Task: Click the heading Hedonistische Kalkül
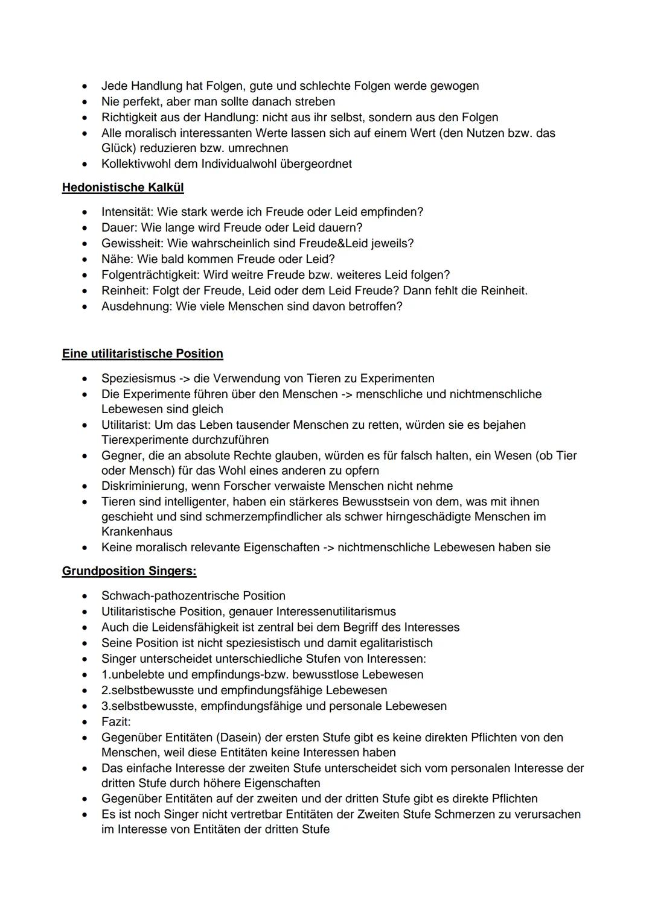[123, 188]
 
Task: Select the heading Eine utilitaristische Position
[142, 353]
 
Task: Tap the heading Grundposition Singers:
[129, 571]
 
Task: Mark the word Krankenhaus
[136, 531]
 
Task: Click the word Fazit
[115, 721]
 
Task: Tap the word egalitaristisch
[392, 643]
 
